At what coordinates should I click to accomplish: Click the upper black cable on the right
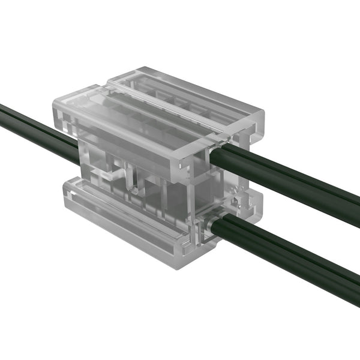tap(288, 180)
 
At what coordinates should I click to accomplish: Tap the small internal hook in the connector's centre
tap(135, 183)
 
